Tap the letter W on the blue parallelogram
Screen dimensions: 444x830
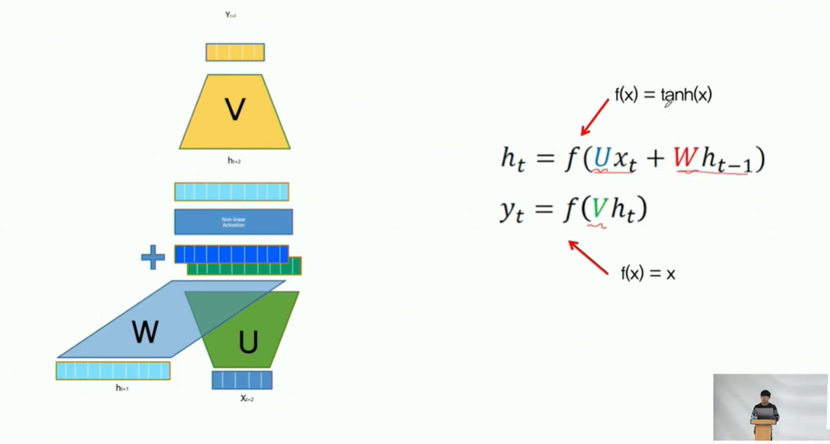[145, 332]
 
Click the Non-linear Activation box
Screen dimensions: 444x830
[234, 222]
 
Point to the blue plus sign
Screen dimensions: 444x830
[153, 257]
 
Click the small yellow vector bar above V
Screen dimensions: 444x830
[235, 52]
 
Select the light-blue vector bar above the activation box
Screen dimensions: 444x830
[231, 192]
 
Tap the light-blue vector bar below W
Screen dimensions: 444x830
[113, 371]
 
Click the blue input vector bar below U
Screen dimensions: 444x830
[242, 380]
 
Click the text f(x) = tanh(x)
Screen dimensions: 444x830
[663, 95]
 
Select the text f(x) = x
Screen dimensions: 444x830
[648, 273]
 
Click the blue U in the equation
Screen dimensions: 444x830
[601, 158]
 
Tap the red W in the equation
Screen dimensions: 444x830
[685, 158]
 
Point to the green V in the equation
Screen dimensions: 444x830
[598, 209]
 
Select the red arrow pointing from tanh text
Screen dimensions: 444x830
[595, 117]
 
